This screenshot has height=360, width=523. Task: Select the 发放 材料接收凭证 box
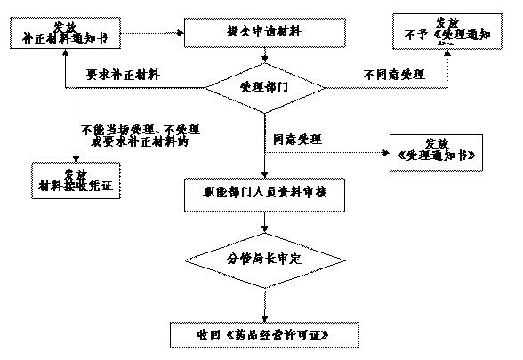[76, 180]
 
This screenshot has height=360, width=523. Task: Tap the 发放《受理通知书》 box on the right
[437, 153]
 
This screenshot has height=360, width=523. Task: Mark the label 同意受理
[298, 140]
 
